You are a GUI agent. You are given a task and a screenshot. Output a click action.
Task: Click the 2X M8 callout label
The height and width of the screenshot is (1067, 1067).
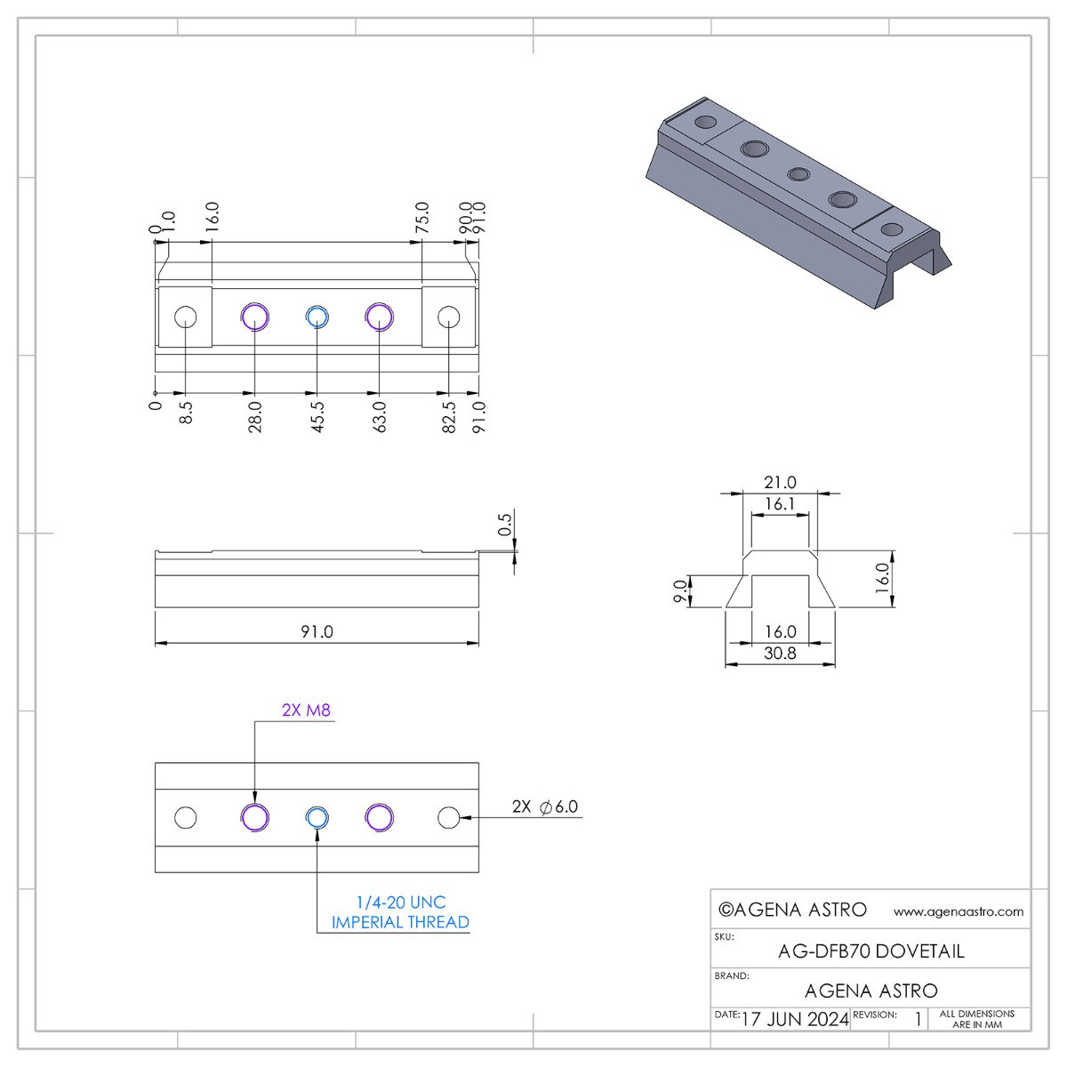pos(306,710)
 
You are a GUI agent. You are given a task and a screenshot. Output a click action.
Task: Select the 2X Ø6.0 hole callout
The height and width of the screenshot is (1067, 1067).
pos(545,806)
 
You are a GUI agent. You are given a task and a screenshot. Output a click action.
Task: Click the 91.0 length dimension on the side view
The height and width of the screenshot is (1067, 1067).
pos(317,631)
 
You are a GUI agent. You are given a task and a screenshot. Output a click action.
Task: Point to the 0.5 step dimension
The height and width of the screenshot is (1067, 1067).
pos(504,525)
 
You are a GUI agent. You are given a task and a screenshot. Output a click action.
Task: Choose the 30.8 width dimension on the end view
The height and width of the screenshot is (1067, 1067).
pos(780,654)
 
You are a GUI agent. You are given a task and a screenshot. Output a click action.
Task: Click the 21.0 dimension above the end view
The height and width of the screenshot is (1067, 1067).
pos(780,482)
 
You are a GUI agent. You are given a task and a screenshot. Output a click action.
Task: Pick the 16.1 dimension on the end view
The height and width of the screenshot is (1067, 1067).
pos(780,504)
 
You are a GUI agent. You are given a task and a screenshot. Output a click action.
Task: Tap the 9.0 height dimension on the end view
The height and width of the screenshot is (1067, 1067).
pos(680,590)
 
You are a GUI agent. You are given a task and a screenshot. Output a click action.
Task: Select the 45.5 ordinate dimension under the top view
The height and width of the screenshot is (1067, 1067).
pos(317,417)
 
